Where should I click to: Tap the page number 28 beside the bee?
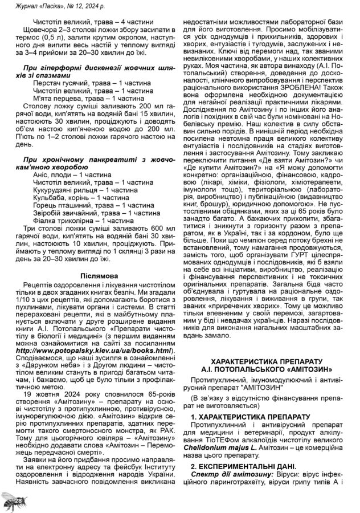[x=18, y=500]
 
